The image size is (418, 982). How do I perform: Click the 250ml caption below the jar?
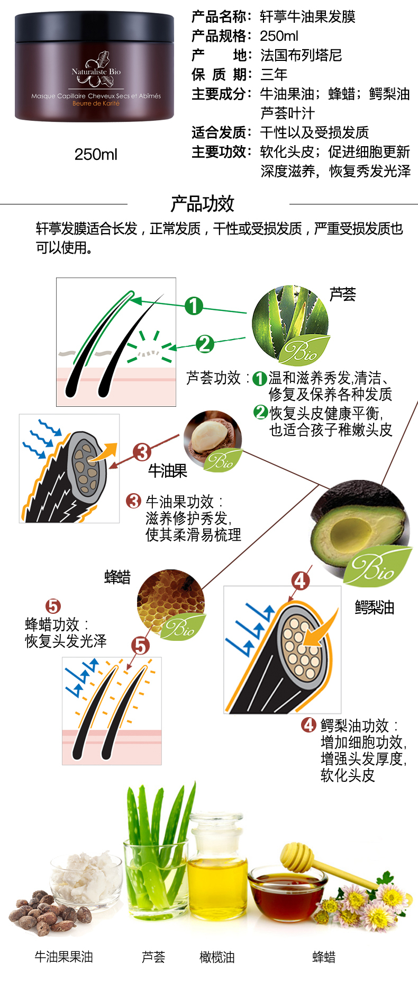(x=96, y=155)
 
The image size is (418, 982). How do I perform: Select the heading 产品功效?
(x=202, y=203)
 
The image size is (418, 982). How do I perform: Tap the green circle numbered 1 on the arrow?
(x=194, y=305)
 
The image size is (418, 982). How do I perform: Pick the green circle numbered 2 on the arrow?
(x=205, y=344)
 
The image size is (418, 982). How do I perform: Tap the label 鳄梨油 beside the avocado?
(x=375, y=607)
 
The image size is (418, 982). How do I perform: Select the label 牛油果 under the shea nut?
(x=168, y=470)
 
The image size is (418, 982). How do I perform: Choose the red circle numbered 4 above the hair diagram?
(x=301, y=581)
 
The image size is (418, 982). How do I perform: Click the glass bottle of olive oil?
(x=219, y=869)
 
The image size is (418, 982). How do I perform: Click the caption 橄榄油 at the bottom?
(x=217, y=957)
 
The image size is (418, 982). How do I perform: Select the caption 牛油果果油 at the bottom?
(x=63, y=957)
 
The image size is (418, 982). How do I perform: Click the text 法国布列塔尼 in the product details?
(x=301, y=55)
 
